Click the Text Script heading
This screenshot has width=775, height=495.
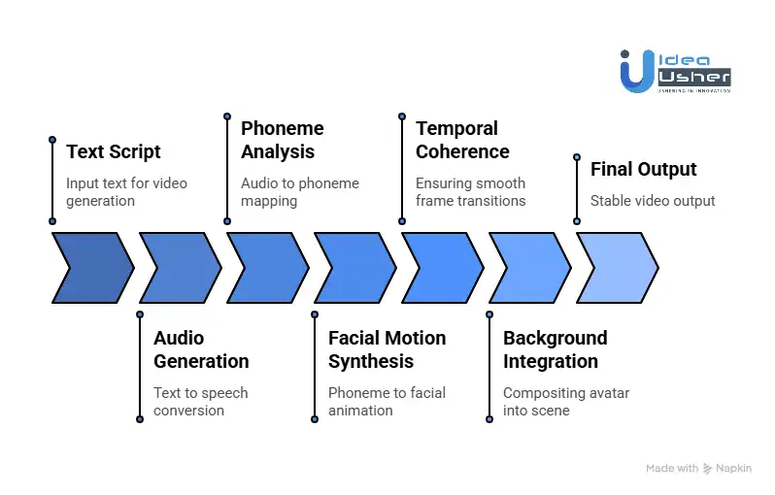tap(114, 151)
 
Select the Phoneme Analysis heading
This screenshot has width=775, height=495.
tap(282, 140)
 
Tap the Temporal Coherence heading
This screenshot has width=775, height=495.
tap(462, 140)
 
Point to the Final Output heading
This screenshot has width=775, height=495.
tap(643, 169)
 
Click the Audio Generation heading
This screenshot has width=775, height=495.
tap(201, 349)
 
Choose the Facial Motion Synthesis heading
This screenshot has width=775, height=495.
tap(387, 349)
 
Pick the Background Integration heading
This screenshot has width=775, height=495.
tap(555, 349)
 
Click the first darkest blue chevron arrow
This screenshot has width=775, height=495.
tap(92, 268)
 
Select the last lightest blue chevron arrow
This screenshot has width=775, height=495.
tap(619, 268)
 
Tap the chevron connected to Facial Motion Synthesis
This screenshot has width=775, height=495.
tap(354, 268)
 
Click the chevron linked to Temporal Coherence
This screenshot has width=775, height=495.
tap(442, 268)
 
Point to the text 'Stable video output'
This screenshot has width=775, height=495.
tap(653, 201)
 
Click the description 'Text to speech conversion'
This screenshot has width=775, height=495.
tap(200, 402)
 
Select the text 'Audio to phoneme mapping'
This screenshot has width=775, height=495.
tap(299, 192)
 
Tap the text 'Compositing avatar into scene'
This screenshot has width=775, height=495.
tap(565, 402)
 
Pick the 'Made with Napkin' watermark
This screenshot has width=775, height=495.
tap(698, 468)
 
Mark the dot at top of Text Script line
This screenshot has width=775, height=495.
tap(52, 140)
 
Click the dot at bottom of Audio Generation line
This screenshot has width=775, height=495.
tap(140, 419)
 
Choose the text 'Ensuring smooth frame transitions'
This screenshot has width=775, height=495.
tap(470, 192)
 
